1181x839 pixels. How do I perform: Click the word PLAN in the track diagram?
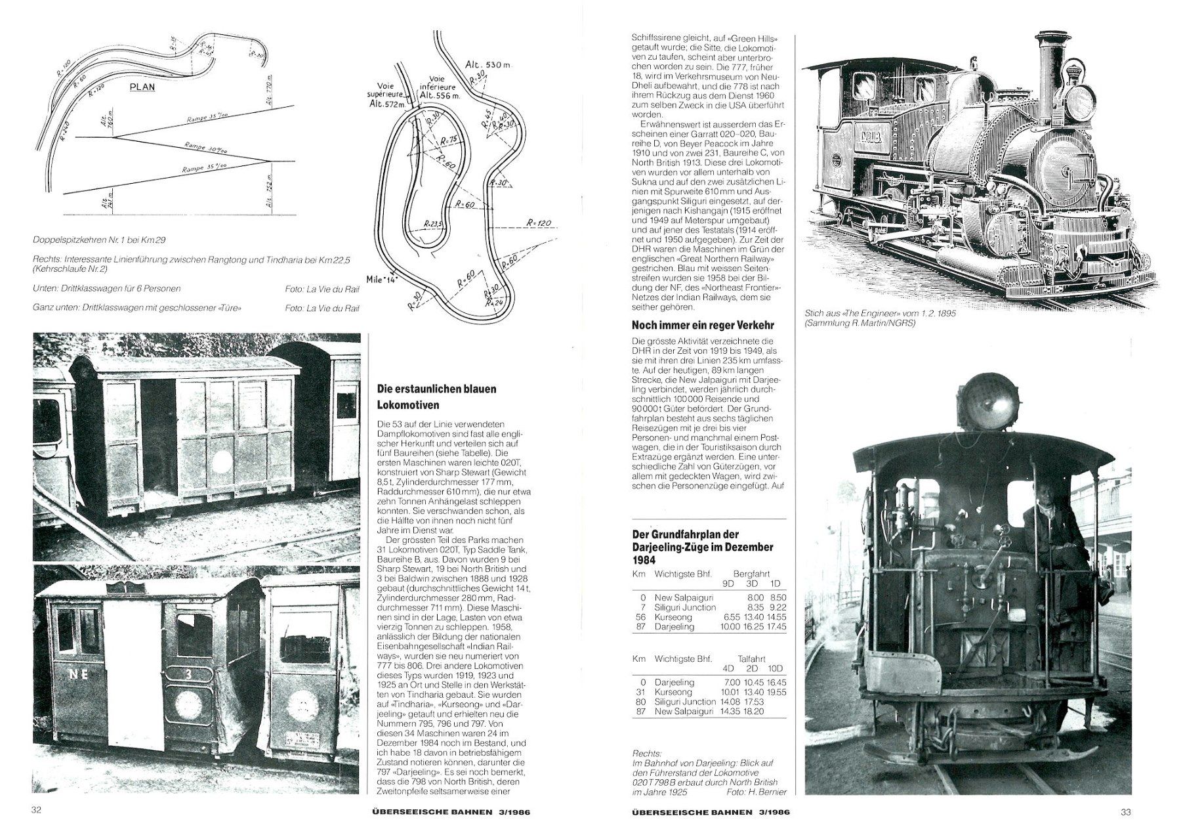point(142,87)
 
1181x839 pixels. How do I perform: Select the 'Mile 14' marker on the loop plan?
point(382,278)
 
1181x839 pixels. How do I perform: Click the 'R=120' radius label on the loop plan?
point(539,223)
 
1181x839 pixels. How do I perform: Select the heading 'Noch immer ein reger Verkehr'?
point(703,325)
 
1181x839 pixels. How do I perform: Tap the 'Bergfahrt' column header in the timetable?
point(751,574)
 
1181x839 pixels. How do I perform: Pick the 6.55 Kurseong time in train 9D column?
point(729,617)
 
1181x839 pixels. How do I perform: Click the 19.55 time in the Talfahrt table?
point(776,692)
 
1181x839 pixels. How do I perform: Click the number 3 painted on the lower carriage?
point(190,674)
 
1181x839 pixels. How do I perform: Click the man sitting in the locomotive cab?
point(1054,545)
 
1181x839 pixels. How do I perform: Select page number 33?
point(1125,811)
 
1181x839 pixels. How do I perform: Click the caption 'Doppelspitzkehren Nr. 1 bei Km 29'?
point(98,240)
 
